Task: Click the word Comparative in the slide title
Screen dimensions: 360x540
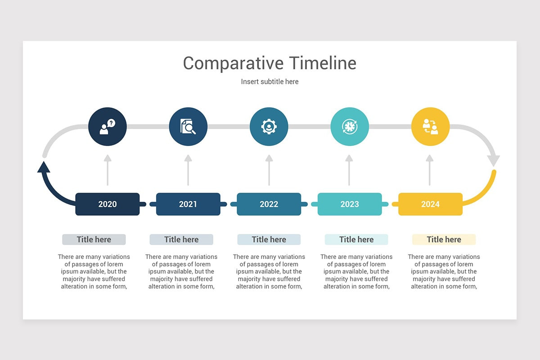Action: click(x=233, y=63)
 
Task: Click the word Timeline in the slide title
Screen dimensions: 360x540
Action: click(x=323, y=63)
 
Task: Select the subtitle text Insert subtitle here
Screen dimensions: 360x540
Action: click(x=270, y=81)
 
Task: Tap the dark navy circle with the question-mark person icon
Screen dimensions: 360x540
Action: click(x=108, y=126)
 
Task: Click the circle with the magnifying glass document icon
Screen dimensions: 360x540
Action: click(x=188, y=126)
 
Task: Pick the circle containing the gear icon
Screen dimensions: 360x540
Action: click(x=269, y=126)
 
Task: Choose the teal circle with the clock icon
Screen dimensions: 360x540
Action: click(x=350, y=126)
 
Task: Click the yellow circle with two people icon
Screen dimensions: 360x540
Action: click(x=430, y=126)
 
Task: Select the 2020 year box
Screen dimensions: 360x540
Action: click(x=108, y=204)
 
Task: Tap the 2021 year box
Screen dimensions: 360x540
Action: click(x=188, y=204)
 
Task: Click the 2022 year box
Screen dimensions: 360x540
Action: click(x=269, y=204)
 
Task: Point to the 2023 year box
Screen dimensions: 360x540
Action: click(x=350, y=204)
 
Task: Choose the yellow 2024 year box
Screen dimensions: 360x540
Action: click(x=430, y=204)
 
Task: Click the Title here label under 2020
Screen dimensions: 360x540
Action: click(x=94, y=239)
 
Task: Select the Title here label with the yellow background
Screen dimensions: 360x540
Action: click(x=444, y=239)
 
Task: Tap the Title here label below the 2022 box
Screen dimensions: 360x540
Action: click(x=269, y=239)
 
